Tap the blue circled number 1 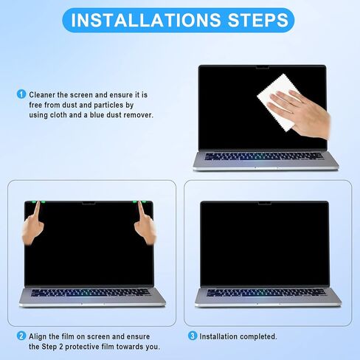(x=21, y=94)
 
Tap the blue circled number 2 (x=21, y=336)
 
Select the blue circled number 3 (x=193, y=336)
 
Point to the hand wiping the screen (x=307, y=111)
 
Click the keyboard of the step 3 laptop (x=265, y=292)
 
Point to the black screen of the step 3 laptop (x=265, y=243)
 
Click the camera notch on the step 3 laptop (x=265, y=202)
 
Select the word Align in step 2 (x=41, y=336)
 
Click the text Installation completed (x=238, y=336)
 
